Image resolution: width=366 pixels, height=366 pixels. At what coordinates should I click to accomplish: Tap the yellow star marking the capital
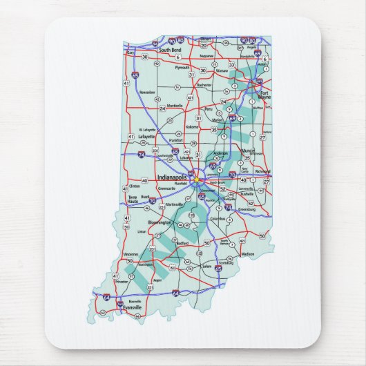click(196, 180)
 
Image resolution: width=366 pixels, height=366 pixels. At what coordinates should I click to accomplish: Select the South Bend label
click(169, 50)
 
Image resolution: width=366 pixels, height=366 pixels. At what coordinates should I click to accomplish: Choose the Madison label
click(249, 254)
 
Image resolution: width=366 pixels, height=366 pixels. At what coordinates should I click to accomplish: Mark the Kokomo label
click(193, 126)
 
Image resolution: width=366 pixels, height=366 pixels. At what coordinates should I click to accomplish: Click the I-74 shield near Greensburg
click(229, 206)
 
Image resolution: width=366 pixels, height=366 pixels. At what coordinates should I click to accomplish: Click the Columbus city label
click(218, 220)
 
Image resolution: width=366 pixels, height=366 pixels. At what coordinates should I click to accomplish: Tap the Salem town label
click(206, 266)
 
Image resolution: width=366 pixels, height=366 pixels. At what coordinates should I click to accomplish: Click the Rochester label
click(204, 86)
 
